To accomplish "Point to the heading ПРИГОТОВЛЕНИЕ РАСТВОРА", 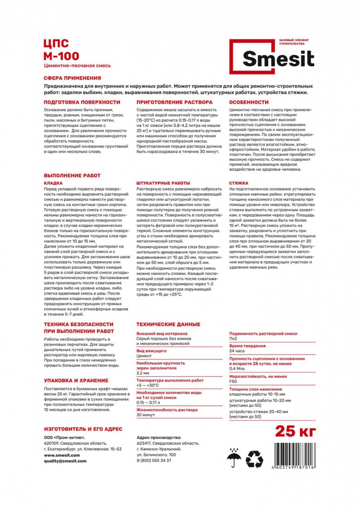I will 174,102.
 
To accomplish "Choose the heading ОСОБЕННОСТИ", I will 249,102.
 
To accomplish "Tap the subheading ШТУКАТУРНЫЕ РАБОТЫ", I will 163,183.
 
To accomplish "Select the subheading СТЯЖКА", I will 239,183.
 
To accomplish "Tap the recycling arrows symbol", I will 254,460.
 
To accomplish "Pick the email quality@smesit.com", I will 65,461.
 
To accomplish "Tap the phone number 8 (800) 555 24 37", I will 154,461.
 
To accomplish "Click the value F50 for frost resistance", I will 233,381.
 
